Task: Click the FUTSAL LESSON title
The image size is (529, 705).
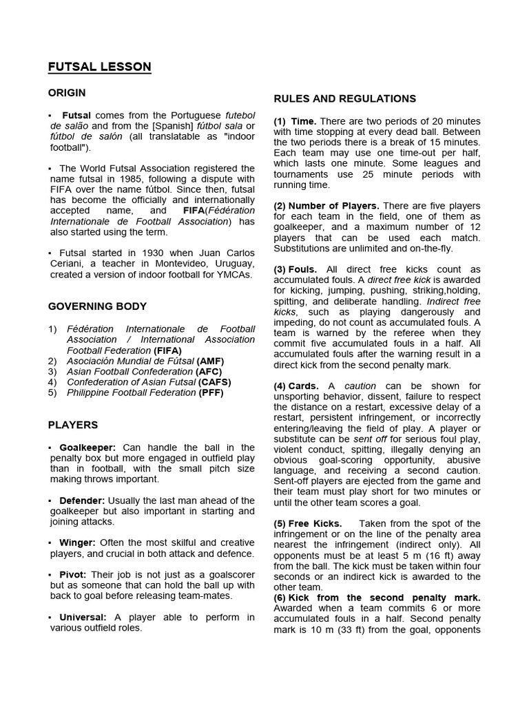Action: (x=99, y=67)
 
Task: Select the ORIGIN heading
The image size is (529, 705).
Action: (x=67, y=92)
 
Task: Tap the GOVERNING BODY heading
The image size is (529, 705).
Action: (x=97, y=306)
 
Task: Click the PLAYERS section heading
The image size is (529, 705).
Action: (x=73, y=425)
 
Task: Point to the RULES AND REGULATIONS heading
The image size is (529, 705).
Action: (x=344, y=98)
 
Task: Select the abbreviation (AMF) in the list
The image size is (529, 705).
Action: (x=210, y=361)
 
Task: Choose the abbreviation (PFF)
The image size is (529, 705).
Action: (x=211, y=392)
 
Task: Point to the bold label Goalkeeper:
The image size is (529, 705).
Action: (x=87, y=448)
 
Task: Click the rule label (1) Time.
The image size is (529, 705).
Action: (x=295, y=121)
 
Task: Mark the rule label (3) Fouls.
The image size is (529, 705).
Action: (x=295, y=269)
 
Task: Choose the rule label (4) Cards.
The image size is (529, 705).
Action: (x=296, y=386)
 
